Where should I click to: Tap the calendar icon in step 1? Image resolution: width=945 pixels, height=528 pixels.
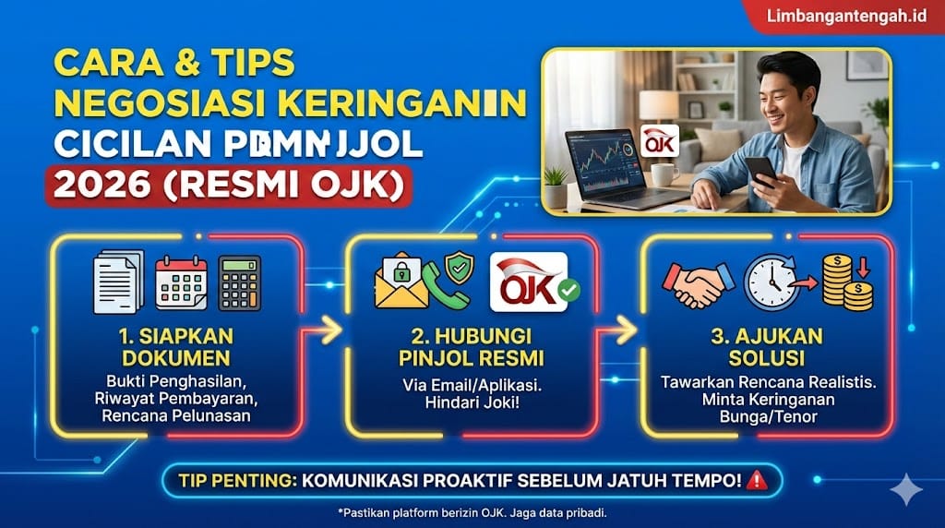pos(181,282)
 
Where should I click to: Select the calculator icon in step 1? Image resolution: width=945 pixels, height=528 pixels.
pos(240,282)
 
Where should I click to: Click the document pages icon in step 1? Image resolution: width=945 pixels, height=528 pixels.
pos(119,282)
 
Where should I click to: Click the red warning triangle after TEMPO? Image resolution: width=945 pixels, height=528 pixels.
pos(757,480)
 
